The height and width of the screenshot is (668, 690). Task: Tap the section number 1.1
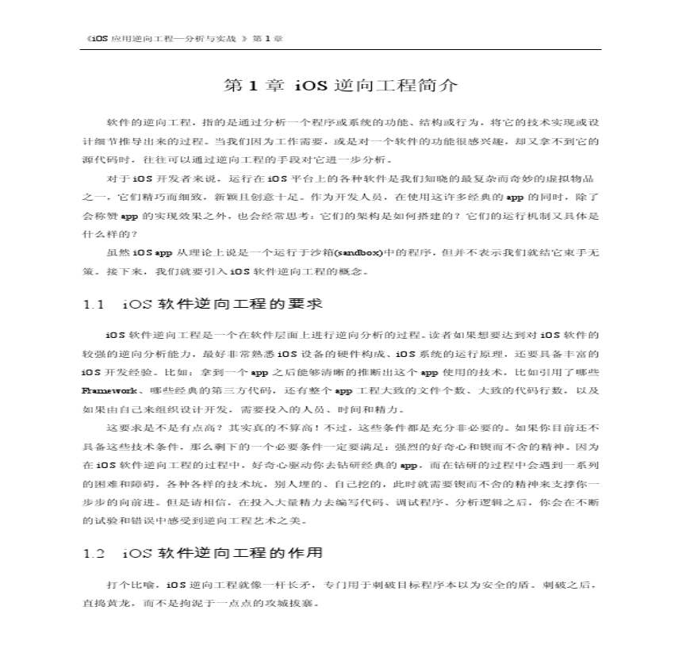pos(94,305)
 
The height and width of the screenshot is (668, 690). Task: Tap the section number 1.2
pos(94,553)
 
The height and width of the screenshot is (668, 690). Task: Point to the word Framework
pos(108,391)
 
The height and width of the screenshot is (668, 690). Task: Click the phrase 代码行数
pos(543,391)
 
